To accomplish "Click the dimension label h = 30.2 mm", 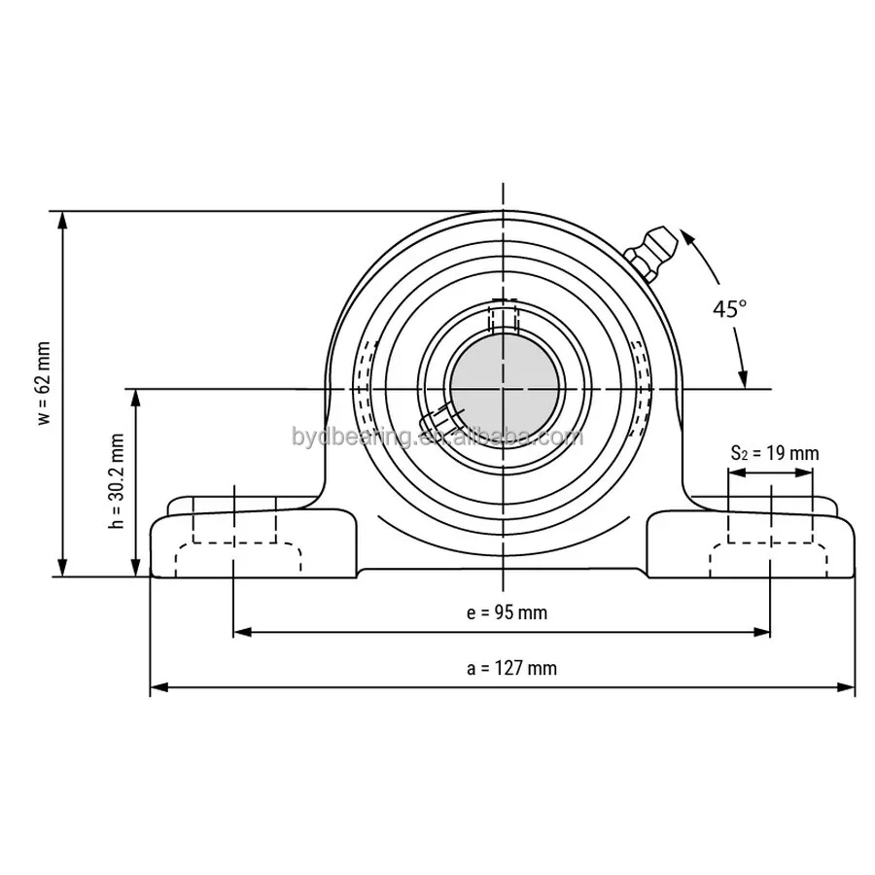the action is point(117,480).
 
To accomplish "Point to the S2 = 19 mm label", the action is point(775,453).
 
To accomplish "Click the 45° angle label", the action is point(729,309).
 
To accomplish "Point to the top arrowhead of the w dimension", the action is point(64,220).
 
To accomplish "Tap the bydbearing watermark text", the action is point(437,437).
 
